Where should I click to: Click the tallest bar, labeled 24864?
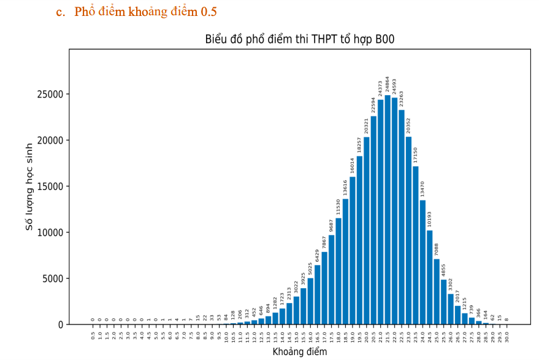(388, 209)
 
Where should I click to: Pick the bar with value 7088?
(437, 291)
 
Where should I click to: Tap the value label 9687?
(331, 226)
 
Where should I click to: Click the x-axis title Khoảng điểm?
(299, 352)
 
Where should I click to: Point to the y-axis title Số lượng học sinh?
(29, 186)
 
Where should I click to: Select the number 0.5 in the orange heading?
(208, 12)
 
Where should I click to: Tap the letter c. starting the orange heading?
(60, 12)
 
